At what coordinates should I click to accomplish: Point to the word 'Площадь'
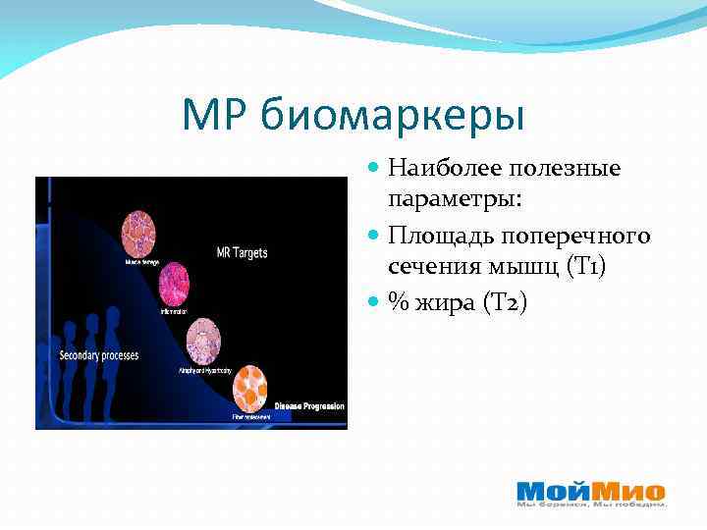point(440,237)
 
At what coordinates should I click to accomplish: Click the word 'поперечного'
point(575,237)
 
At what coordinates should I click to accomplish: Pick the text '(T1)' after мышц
point(586,266)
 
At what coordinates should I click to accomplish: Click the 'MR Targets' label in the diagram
point(242,253)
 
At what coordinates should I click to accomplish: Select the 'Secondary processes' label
point(98,353)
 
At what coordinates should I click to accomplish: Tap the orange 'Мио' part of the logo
point(629,490)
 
